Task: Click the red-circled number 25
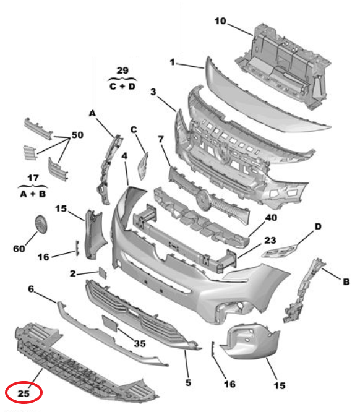click(24, 393)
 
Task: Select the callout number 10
click(220, 22)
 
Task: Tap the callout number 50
click(77, 135)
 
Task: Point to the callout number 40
click(272, 217)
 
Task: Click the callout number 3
click(152, 92)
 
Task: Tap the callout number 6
click(31, 289)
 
